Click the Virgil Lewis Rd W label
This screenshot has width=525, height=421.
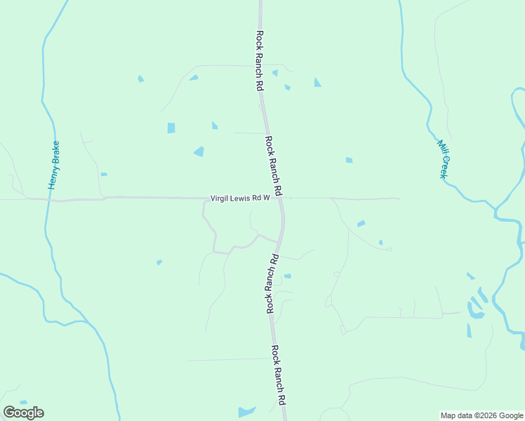[x=241, y=199]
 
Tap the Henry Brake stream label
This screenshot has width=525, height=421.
[x=54, y=165]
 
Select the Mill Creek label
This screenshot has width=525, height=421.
[x=442, y=159]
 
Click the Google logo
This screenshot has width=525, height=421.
[x=23, y=413]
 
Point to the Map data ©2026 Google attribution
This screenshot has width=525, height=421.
[x=482, y=415]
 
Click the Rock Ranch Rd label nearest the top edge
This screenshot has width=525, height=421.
[x=260, y=60]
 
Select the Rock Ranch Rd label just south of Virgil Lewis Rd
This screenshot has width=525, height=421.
[x=272, y=283]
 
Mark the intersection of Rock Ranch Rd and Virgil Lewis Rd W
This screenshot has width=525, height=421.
[x=281, y=199]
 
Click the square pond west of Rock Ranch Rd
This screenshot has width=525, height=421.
[x=171, y=128]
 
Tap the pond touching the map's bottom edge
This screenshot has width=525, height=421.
[x=246, y=412]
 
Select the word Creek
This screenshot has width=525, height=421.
[x=443, y=166]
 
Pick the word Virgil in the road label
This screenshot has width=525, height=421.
[x=221, y=199]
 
